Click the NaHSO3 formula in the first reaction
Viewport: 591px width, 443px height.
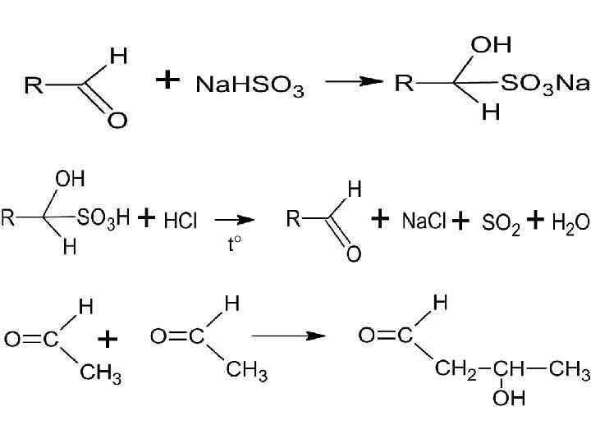click(x=250, y=86)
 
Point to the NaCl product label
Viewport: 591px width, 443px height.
click(x=423, y=221)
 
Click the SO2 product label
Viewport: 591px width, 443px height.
click(x=501, y=222)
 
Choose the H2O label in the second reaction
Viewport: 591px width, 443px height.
click(x=570, y=221)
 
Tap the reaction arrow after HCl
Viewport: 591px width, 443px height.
click(x=234, y=220)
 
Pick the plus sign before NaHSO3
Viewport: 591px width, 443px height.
click(x=167, y=80)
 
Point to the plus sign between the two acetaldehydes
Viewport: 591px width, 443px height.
click(x=108, y=339)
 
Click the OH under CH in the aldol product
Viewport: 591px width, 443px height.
click(x=509, y=398)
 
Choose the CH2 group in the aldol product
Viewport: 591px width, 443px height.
click(x=455, y=369)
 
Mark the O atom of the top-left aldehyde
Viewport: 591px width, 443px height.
click(x=118, y=121)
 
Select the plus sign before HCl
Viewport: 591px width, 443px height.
click(x=146, y=218)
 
